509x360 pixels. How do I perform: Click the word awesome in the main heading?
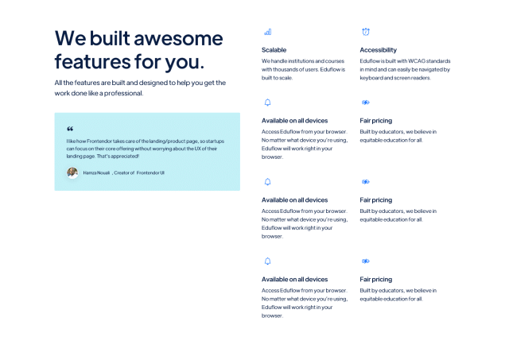178,39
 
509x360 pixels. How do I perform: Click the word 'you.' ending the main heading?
185,63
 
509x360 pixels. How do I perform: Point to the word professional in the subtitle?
124,94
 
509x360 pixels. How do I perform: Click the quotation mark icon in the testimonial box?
70,129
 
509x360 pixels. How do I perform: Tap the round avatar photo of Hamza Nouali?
72,172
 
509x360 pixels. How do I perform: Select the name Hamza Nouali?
96,173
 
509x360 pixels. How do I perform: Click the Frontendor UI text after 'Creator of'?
150,173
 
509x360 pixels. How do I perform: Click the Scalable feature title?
274,50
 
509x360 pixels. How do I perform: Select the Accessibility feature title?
379,50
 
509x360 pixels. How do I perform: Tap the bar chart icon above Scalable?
268,32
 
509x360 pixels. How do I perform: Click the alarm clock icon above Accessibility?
366,32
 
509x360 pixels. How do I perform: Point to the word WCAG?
417,61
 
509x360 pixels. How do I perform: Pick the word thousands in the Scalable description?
286,69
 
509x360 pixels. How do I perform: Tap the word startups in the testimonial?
215,141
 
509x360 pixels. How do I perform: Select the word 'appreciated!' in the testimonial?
125,157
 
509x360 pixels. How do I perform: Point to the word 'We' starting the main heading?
71,39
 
